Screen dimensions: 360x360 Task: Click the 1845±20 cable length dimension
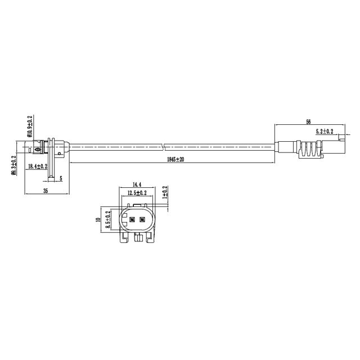(x=175, y=160)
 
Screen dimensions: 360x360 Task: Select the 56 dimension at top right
(x=308, y=121)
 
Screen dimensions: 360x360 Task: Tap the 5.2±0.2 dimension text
(x=325, y=131)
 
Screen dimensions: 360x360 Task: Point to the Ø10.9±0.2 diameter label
(x=29, y=127)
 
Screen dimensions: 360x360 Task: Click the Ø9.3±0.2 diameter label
(x=13, y=165)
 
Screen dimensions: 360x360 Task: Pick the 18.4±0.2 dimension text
(x=39, y=167)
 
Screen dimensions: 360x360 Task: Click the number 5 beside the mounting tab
(x=61, y=178)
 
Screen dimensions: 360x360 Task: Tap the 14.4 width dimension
(x=136, y=184)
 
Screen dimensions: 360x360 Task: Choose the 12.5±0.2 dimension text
(x=137, y=192)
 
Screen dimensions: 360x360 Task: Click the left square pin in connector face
(x=133, y=219)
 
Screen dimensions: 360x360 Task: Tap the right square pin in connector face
(x=142, y=219)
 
